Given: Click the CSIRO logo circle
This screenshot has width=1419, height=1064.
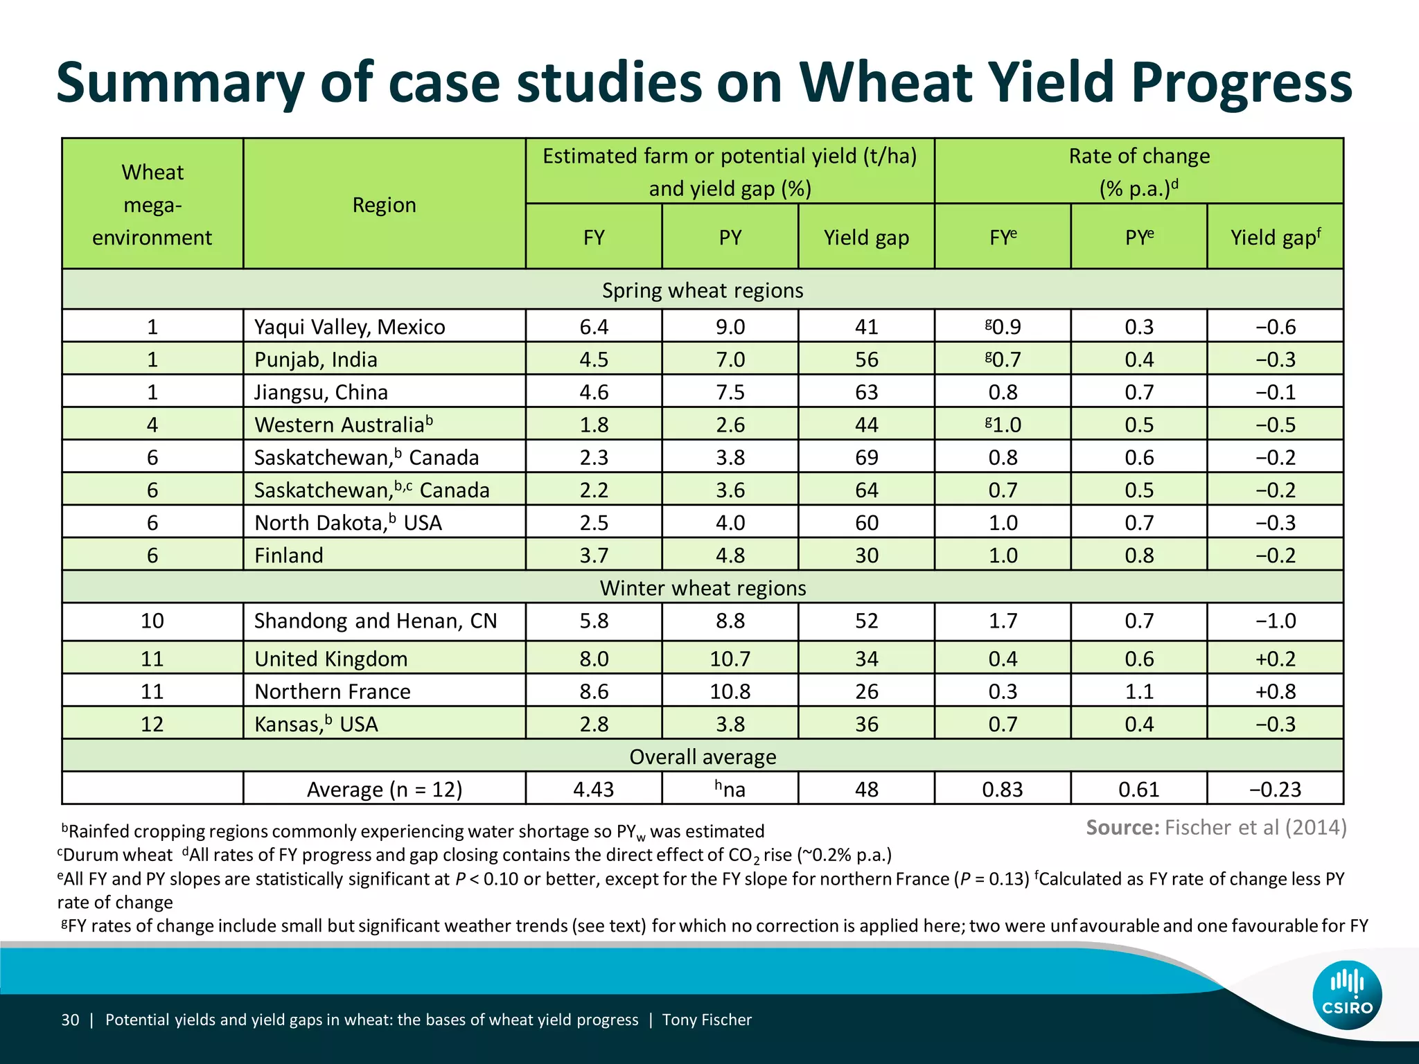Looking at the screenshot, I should click(1347, 995).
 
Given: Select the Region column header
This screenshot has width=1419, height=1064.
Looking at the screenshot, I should click(384, 205).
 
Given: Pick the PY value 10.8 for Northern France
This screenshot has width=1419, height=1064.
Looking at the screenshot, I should click(730, 691).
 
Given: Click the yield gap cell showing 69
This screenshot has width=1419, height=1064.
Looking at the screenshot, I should click(866, 457).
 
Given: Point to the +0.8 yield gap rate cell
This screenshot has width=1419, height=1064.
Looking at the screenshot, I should click(1275, 691).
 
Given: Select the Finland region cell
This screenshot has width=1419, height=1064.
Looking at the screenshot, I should click(289, 556).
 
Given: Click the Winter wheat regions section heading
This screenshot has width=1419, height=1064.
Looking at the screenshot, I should click(703, 588).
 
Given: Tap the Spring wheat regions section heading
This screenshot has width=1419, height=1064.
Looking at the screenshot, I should click(703, 290).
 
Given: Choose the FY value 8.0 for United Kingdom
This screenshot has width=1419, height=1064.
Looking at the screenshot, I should click(594, 659).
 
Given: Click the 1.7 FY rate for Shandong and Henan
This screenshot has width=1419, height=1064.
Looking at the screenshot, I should click(1003, 621).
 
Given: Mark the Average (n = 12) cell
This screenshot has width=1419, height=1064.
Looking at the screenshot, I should click(384, 790).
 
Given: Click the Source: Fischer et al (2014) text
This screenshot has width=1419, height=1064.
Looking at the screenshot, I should click(1216, 828).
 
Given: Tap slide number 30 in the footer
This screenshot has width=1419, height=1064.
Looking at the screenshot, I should click(70, 1020).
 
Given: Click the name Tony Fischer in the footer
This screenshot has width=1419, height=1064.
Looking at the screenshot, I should click(707, 1020).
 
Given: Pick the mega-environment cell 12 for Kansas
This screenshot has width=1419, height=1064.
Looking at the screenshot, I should click(152, 724).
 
